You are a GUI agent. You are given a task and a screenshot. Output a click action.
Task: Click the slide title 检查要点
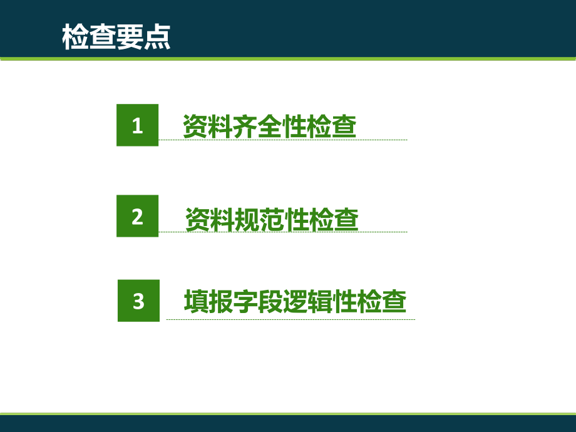[116, 36]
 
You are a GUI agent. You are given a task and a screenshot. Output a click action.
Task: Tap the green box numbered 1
[138, 125]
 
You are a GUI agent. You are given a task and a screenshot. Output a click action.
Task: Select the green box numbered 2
[138, 216]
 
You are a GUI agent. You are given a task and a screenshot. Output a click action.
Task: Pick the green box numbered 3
[138, 301]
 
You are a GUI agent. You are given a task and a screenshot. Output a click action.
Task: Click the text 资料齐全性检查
[269, 126]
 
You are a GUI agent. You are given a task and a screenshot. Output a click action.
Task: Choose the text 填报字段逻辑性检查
[295, 302]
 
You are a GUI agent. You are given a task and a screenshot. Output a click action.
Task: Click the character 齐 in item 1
[244, 126]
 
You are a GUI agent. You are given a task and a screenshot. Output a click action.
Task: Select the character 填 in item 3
[196, 302]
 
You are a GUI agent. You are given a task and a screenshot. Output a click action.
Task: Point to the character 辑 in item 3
[320, 302]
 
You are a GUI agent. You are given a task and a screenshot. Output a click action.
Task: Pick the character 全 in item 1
[269, 126]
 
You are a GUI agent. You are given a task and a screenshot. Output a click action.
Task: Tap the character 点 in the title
[157, 36]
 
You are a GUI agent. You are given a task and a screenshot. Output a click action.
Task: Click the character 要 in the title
[130, 36]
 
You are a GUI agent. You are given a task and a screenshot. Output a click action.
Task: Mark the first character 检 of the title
[75, 36]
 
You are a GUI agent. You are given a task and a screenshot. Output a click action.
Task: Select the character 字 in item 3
[245, 302]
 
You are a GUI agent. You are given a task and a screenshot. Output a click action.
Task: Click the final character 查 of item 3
[394, 302]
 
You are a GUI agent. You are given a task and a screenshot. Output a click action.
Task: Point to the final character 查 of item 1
[344, 126]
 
